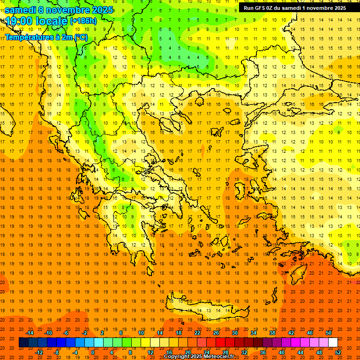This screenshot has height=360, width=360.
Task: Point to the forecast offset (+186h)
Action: click(83, 21)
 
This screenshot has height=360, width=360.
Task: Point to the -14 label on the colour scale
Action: click(30, 333)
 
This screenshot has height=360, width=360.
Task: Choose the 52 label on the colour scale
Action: click(338, 352)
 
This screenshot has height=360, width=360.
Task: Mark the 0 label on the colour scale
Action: click(93, 352)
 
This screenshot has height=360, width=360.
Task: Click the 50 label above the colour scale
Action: click(329, 333)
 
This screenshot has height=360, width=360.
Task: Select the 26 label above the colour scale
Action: click(216, 333)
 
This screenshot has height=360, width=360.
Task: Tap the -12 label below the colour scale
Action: click(39, 352)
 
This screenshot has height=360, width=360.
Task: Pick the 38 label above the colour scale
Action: click(272, 333)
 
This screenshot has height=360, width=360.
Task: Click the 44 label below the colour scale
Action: click(300, 352)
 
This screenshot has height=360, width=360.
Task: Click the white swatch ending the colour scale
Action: click(333, 343)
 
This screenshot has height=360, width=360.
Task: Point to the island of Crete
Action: click(206, 307)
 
